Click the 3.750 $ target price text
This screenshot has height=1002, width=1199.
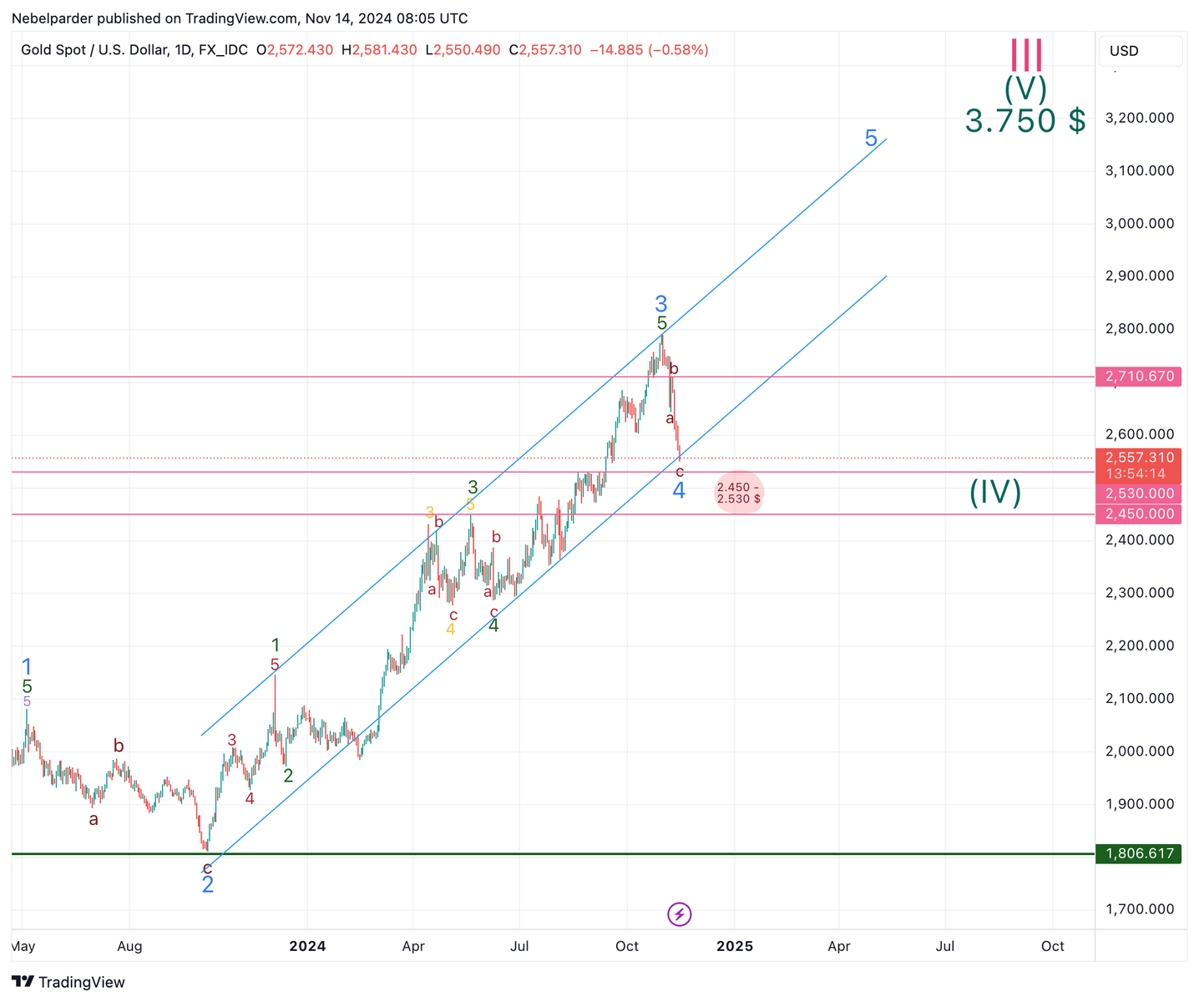pos(1024,121)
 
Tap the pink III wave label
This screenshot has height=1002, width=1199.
pos(1026,55)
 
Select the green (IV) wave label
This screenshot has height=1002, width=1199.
pos(995,493)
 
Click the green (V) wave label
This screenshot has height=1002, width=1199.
pos(1025,88)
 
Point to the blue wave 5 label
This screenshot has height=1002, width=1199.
pos(871,139)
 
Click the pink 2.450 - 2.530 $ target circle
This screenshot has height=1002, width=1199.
pos(738,493)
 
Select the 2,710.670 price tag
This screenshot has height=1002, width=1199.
pos(1140,377)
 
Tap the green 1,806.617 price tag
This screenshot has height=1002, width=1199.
pos(1140,853)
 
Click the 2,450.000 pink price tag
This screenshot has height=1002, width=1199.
pos(1140,514)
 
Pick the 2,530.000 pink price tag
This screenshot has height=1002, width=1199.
pos(1140,493)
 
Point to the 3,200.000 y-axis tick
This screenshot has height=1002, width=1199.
pos(1139,118)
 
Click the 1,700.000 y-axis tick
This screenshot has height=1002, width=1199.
pos(1139,909)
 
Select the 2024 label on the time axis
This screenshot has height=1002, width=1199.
pos(307,946)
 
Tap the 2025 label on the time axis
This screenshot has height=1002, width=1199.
pos(735,946)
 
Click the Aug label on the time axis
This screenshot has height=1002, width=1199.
pos(130,946)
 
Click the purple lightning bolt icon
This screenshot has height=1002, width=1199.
pos(680,914)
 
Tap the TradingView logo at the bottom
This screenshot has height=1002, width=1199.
pos(68,982)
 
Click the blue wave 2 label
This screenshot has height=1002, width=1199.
pos(208,885)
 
